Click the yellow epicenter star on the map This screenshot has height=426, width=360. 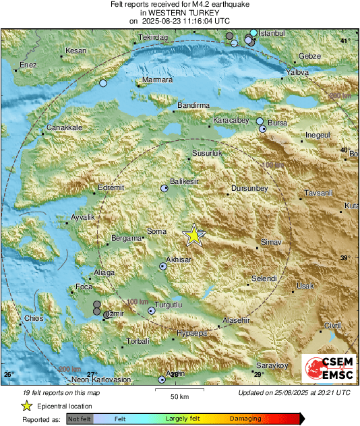pos(193,235)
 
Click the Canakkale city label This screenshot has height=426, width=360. pos(64,127)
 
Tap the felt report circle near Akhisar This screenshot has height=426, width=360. pos(162,266)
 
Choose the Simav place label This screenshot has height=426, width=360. pos(271,241)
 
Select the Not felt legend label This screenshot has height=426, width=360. pos(80,419)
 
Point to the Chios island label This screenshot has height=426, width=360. pos(33,318)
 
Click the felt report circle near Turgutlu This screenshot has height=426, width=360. pos(151,311)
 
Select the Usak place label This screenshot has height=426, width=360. pos(305,286)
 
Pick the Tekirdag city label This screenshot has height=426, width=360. pos(152,38)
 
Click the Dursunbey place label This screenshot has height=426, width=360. pos(249,188)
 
